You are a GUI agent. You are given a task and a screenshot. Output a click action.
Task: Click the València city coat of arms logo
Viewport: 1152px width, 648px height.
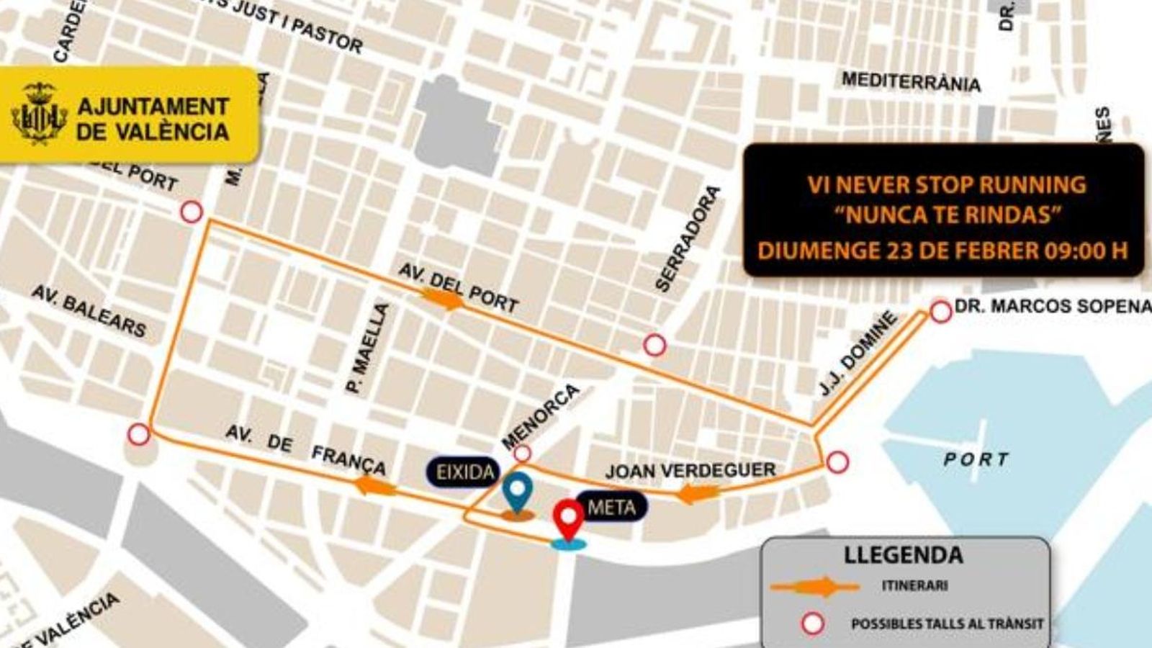pyautogui.click(x=39, y=114)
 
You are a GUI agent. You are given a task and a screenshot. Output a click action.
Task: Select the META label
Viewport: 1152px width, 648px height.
pyautogui.click(x=611, y=508)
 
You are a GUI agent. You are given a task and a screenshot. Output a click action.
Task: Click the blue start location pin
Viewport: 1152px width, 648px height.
pyautogui.click(x=518, y=492)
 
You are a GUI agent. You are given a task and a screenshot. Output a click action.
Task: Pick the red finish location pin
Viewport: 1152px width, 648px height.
pyautogui.click(x=568, y=520)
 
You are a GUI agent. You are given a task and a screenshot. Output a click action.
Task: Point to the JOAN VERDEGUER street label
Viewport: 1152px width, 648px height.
pyautogui.click(x=690, y=471)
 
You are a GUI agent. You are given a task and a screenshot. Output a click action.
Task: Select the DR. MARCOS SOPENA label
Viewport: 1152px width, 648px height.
pyautogui.click(x=1053, y=306)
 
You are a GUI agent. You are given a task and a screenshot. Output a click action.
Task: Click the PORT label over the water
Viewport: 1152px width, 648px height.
pyautogui.click(x=976, y=459)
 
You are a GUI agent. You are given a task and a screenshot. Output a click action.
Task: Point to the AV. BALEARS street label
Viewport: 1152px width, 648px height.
pyautogui.click(x=89, y=311)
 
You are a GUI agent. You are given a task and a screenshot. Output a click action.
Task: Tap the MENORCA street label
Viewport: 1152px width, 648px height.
pyautogui.click(x=540, y=416)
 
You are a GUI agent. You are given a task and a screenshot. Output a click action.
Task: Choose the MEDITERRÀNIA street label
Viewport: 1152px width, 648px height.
pyautogui.click(x=911, y=81)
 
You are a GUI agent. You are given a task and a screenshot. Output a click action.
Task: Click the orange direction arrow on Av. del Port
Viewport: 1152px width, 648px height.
pyautogui.click(x=442, y=299)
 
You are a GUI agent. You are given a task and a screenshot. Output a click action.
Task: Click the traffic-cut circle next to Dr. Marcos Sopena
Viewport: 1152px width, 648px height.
pyautogui.click(x=940, y=312)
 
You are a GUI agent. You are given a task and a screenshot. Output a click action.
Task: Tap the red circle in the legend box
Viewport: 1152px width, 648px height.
pyautogui.click(x=813, y=624)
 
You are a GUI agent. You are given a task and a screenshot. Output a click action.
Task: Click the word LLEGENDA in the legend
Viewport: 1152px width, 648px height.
pyautogui.click(x=903, y=555)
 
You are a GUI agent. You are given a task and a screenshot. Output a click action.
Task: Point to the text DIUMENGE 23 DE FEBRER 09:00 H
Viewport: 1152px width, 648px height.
pyautogui.click(x=942, y=251)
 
